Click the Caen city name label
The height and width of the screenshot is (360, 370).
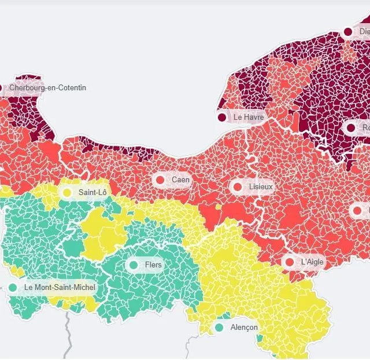coord(180,180)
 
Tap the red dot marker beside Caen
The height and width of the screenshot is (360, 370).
coord(161,180)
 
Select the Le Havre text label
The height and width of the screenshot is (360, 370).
coord(249,117)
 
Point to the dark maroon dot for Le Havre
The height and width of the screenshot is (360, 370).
coord(222,117)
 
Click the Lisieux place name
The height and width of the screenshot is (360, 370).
coord(260,188)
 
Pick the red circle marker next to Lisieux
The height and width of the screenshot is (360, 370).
coord(237,188)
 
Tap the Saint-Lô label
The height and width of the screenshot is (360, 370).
coord(92,192)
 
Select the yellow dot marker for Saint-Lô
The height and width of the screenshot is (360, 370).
coord(67,192)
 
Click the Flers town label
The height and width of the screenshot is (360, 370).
coord(153,265)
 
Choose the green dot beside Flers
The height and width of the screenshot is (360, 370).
coord(134,265)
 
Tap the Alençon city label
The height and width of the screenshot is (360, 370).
coord(244,328)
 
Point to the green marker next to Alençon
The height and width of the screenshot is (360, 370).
coord(219,328)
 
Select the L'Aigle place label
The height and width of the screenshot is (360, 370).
coord(313,262)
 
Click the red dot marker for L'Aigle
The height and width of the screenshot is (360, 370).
coord(290,262)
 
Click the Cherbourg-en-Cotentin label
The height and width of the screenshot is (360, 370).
coord(47,88)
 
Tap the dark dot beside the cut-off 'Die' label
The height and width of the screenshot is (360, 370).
coord(348,32)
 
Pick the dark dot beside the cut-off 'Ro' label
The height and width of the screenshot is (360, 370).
coord(351,127)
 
